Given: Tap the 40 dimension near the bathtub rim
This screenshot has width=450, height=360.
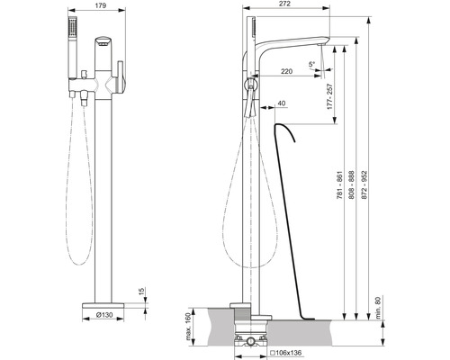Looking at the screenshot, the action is (x=283, y=103).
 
